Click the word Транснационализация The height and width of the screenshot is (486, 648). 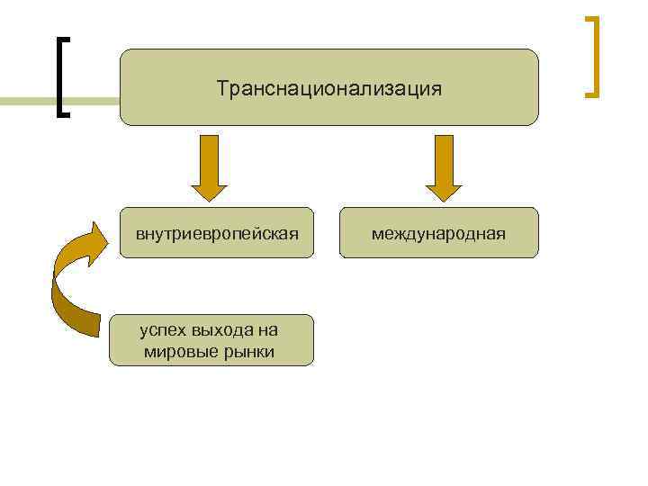(x=328, y=89)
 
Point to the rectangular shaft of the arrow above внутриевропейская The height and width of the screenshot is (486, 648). (x=210, y=157)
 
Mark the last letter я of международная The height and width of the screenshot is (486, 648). (x=500, y=235)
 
